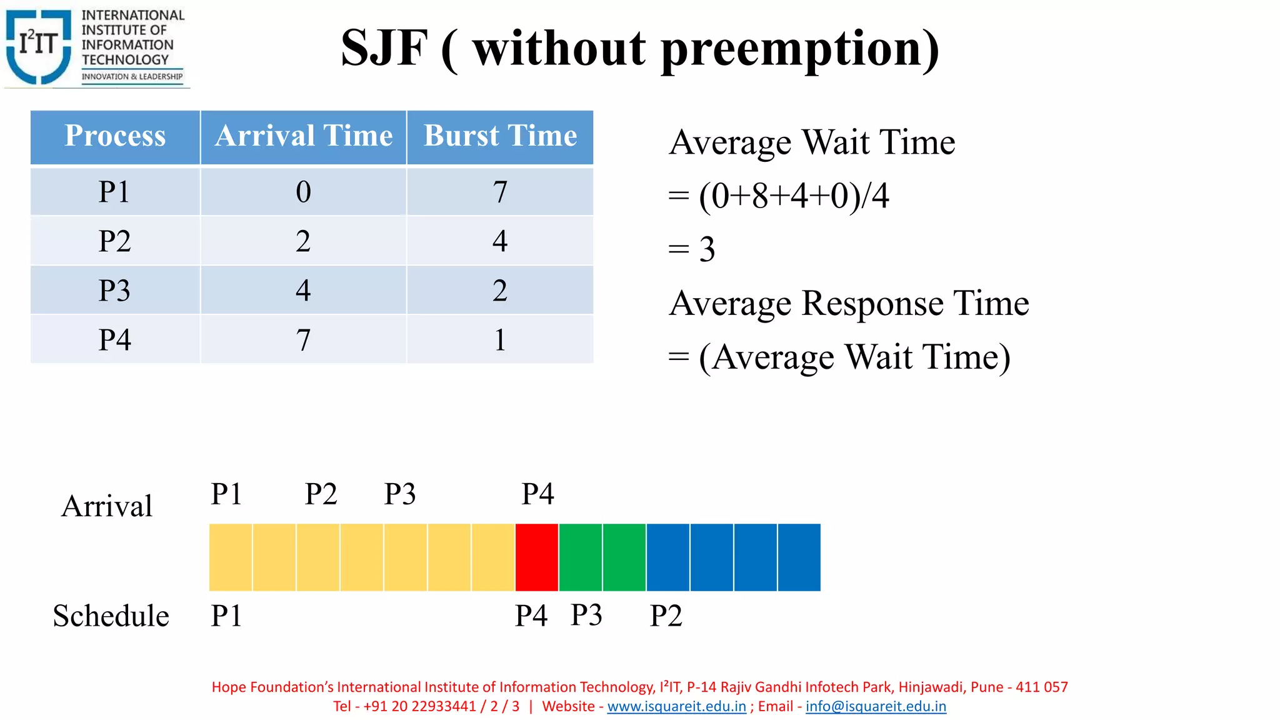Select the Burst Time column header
500,136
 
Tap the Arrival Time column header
304,136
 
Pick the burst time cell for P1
500,191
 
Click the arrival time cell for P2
303,241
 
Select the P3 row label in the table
115,291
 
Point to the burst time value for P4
500,340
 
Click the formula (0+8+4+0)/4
793,196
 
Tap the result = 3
692,249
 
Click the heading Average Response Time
849,304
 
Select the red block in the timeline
537,557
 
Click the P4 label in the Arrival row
537,494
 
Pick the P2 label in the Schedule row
666,616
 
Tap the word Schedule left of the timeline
111,616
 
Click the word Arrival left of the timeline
107,506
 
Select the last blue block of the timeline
799,557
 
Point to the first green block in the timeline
581,557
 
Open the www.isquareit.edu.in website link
676,706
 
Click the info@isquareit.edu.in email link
876,706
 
